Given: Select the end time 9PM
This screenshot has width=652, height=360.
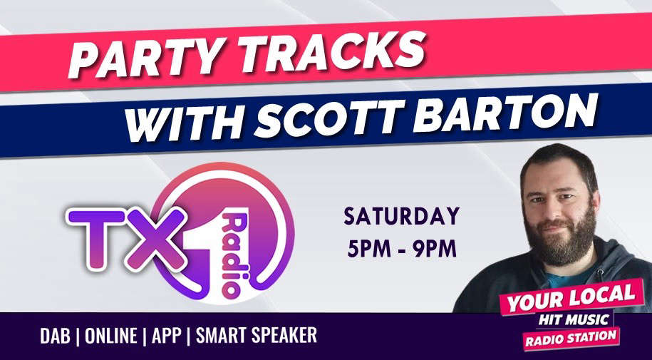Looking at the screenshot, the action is (x=435, y=249).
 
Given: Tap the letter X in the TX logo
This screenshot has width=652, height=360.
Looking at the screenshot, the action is (x=155, y=239).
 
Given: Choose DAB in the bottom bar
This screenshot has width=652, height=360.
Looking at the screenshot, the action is (x=55, y=336).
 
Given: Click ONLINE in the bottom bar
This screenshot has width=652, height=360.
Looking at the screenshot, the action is (x=110, y=336).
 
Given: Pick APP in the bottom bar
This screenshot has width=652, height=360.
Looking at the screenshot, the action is (x=166, y=336).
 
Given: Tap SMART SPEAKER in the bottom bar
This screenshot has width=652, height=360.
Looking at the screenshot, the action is (x=256, y=336).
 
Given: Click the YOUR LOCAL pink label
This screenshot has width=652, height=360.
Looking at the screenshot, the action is (x=571, y=297).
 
